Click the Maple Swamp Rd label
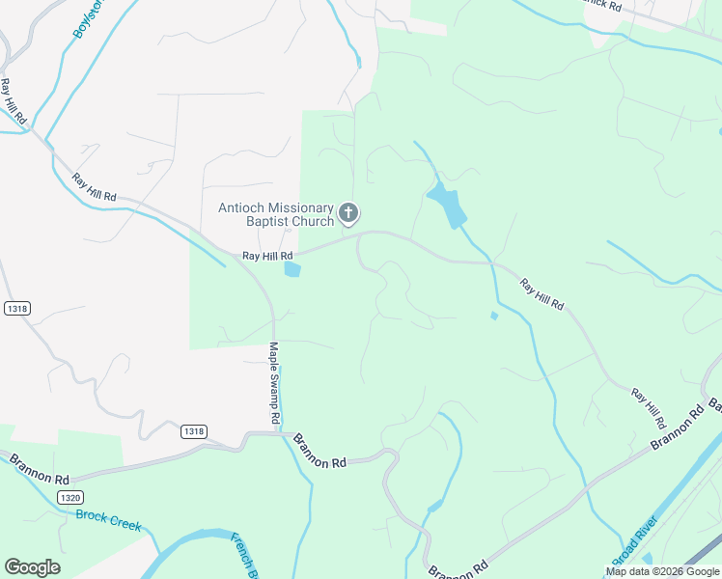[274, 383]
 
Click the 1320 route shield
[69, 497]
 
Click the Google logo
[32, 567]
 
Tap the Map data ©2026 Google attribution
[662, 571]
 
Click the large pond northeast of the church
[446, 205]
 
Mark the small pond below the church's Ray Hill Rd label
[292, 270]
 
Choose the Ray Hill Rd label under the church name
[267, 256]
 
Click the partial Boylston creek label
[88, 18]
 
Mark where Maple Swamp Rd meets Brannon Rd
[279, 433]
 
